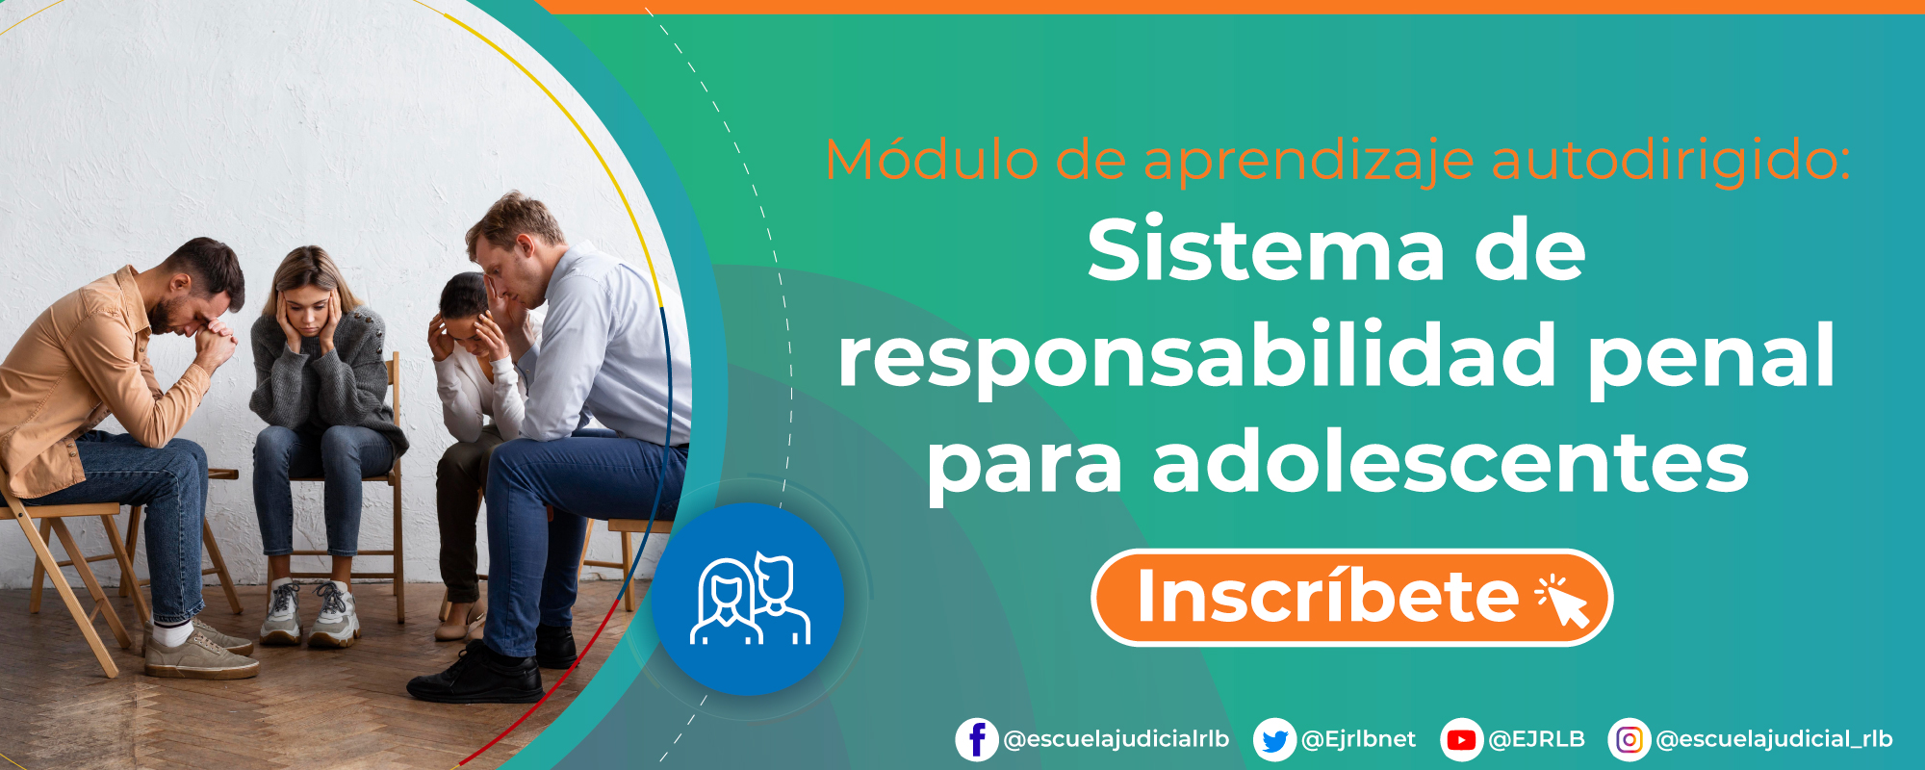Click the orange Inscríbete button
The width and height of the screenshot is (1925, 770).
click(1350, 598)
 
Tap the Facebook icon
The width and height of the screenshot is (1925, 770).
click(976, 739)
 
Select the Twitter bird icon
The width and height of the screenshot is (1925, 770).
click(1274, 740)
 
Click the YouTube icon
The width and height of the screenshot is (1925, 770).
click(1461, 740)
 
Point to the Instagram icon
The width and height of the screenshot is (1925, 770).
click(1629, 739)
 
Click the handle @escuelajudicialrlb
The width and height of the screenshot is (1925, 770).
click(1116, 739)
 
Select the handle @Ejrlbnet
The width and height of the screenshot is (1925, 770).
click(1358, 739)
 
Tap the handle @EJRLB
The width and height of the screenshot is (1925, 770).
click(1536, 739)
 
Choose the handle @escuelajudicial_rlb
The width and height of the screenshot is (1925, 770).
click(1774, 739)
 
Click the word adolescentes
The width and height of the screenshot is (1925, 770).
click(1450, 463)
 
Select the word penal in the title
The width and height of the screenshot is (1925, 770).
click(1710, 356)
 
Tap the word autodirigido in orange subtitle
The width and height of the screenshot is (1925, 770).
click(1670, 160)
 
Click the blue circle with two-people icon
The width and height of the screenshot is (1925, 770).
click(749, 599)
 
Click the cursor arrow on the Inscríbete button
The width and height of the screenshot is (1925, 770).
click(1563, 602)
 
